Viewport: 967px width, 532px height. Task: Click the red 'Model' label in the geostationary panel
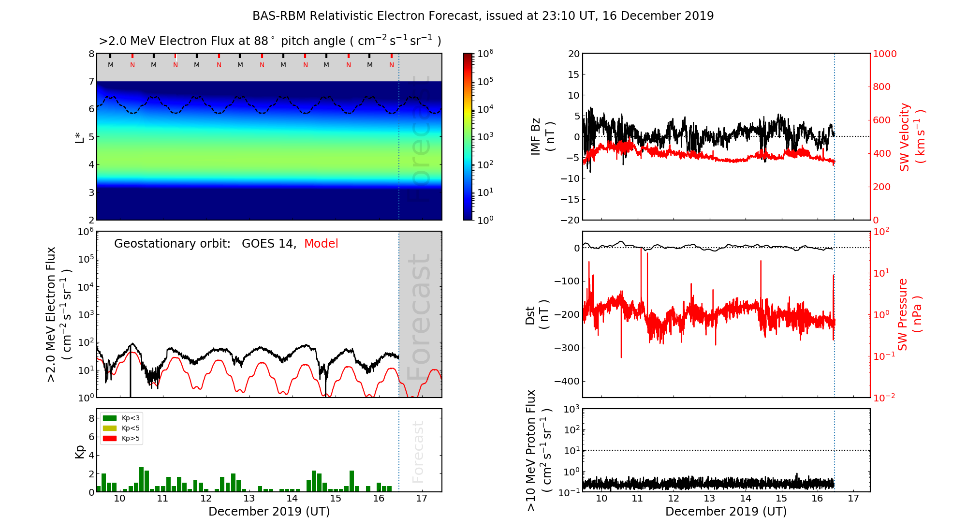pyautogui.click(x=321, y=244)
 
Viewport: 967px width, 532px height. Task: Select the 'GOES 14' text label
pyautogui.click(x=268, y=244)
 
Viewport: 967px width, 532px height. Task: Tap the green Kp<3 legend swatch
pyautogui.click(x=110, y=418)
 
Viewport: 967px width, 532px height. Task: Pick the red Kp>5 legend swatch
pyautogui.click(x=110, y=439)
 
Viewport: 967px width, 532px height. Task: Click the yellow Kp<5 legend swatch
pyautogui.click(x=110, y=429)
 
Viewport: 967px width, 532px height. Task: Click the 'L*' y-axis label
pyautogui.click(x=80, y=136)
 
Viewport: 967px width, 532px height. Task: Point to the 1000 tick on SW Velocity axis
pyautogui.click(x=884, y=54)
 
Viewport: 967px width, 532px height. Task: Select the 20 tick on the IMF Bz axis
pyautogui.click(x=573, y=54)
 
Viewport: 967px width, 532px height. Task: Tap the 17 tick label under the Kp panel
pyautogui.click(x=422, y=499)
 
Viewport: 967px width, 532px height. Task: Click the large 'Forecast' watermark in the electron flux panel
pyautogui.click(x=419, y=317)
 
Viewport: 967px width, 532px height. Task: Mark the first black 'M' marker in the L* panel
pyautogui.click(x=111, y=65)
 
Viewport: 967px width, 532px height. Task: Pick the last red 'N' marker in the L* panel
pyautogui.click(x=392, y=65)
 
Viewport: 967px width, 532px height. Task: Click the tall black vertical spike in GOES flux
pyautogui.click(x=130, y=372)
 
